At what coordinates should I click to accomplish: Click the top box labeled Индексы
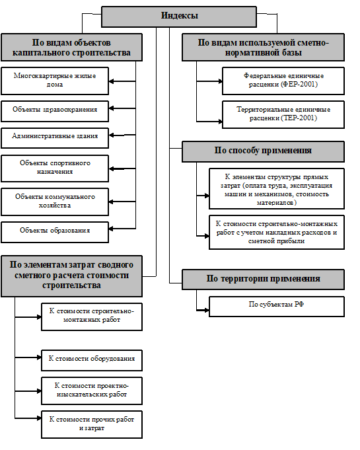(x=179, y=17)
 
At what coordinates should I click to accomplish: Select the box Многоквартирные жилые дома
(x=55, y=81)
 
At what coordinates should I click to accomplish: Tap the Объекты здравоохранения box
(x=55, y=111)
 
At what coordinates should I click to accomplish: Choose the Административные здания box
(x=55, y=138)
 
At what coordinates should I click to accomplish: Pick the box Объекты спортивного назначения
(x=55, y=169)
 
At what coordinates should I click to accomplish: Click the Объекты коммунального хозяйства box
(x=55, y=202)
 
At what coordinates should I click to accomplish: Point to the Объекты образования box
(x=55, y=232)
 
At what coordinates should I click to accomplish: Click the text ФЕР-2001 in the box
(x=299, y=85)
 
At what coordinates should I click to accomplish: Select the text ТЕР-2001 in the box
(x=299, y=118)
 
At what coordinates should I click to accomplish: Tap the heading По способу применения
(x=263, y=151)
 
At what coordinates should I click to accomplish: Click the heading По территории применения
(x=263, y=280)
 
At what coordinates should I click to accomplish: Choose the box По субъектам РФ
(x=277, y=307)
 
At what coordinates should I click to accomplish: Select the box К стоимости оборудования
(x=92, y=360)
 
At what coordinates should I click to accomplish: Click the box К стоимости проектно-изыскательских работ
(x=92, y=391)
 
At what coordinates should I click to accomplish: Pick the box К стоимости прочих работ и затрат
(x=92, y=424)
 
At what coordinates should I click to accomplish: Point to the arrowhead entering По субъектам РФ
(x=207, y=310)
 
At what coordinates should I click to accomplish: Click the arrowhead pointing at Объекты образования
(x=111, y=229)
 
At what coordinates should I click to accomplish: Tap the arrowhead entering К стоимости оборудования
(x=39, y=357)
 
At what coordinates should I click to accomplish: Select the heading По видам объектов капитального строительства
(x=71, y=48)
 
